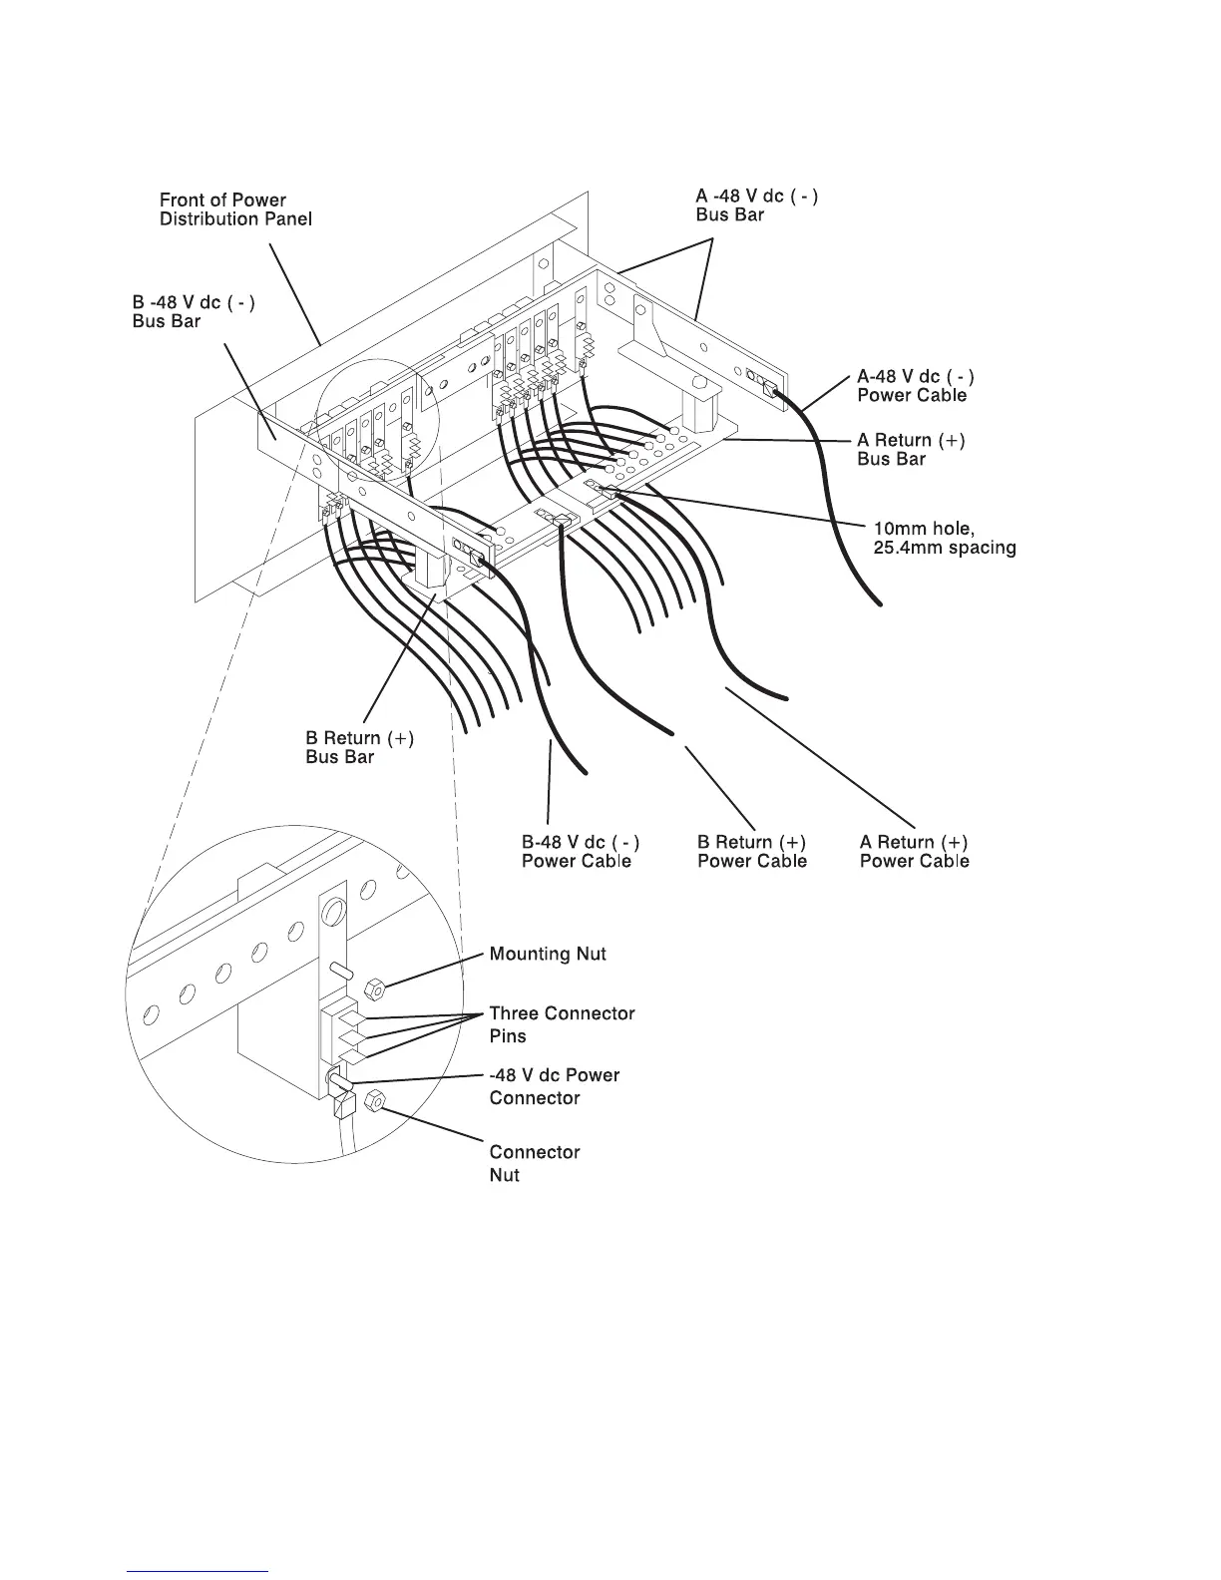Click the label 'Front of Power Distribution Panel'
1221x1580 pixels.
pos(235,209)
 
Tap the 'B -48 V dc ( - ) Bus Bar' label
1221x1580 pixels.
pos(194,311)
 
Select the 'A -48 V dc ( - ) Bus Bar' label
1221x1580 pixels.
pos(756,205)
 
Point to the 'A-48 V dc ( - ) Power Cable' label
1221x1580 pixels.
pos(916,386)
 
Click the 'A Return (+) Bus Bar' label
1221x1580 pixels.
pos(911,450)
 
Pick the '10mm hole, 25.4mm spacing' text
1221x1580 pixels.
pos(944,538)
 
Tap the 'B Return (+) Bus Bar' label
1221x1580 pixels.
pos(359,747)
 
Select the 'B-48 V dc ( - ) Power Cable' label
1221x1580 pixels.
pos(580,851)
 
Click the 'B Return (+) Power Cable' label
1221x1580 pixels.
pos(752,851)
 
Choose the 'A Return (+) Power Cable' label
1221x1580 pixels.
pos(914,851)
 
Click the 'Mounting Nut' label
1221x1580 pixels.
pos(548,955)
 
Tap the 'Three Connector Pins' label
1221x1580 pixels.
pos(562,1024)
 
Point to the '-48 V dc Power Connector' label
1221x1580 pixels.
pos(554,1086)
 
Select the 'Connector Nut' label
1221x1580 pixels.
pos(534,1163)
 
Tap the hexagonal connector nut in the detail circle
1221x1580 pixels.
pos(375,1101)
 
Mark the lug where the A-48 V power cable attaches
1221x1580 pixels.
pos(769,390)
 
